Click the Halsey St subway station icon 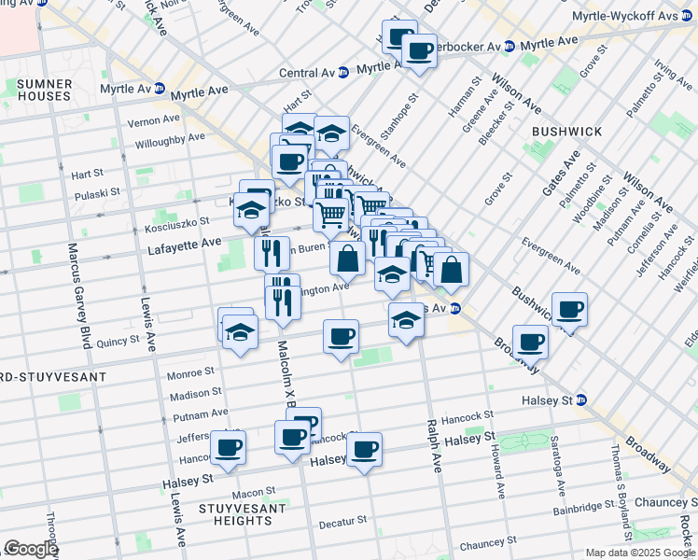581,400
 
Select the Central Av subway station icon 343,71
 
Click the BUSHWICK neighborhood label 566,132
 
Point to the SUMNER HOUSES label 43,90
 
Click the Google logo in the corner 30,549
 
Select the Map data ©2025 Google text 639,553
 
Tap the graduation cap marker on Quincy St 240,332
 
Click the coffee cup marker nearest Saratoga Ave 530,342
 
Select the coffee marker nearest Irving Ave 569,309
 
